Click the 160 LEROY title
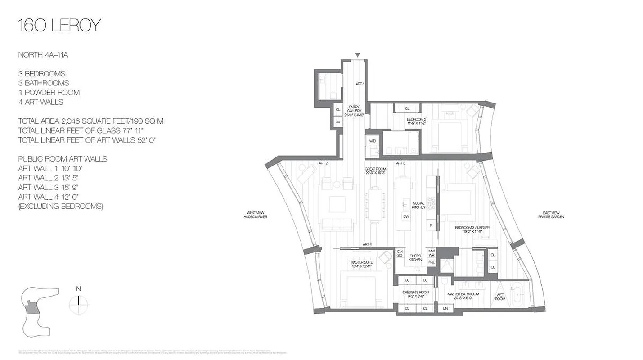pos(59,26)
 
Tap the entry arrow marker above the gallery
pos(357,55)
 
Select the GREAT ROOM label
pos(376,171)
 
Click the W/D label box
pos(373,141)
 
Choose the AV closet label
pos(338,121)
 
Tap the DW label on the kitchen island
pos(406,216)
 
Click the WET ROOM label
pos(500,297)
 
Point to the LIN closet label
pos(446,308)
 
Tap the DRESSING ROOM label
pos(416,294)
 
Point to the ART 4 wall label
pos(367,244)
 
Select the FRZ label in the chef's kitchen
pos(432,261)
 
